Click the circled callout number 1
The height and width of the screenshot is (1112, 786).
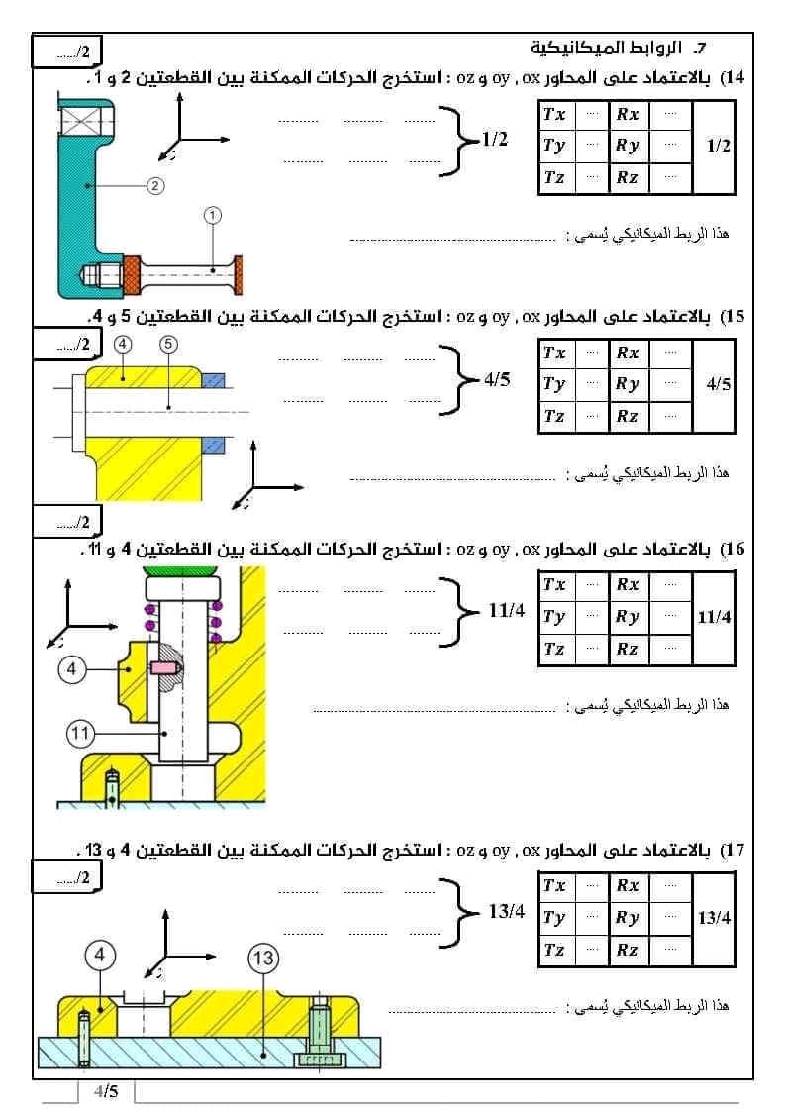[x=214, y=213]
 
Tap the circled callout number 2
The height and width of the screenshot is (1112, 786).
[x=155, y=184]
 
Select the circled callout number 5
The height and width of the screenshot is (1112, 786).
[x=168, y=344]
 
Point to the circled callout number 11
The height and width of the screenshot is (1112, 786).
[x=80, y=734]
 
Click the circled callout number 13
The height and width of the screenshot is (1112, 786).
[x=262, y=958]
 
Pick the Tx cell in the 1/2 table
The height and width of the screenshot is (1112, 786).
[x=554, y=114]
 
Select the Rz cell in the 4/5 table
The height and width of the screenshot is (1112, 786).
[x=627, y=416]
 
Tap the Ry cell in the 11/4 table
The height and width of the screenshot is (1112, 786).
[x=628, y=616]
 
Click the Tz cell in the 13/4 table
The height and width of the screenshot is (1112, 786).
[x=554, y=950]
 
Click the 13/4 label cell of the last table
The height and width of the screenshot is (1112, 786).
[x=714, y=918]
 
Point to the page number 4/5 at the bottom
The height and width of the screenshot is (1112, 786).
[x=106, y=1091]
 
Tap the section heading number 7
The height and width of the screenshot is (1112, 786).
[x=700, y=48]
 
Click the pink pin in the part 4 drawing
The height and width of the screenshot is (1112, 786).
[x=163, y=669]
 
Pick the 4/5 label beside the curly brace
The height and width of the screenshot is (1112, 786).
[x=497, y=380]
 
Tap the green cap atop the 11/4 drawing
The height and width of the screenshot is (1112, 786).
[x=180, y=572]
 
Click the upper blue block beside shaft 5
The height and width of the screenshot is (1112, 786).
[x=215, y=379]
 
